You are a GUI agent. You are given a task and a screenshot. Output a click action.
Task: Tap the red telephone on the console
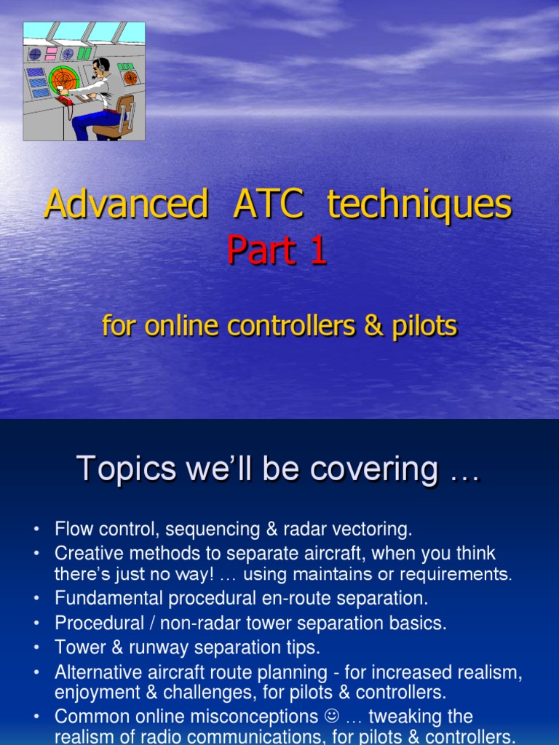[66, 100]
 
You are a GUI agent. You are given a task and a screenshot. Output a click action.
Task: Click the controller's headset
[98, 66]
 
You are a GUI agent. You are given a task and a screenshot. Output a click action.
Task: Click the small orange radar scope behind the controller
[130, 78]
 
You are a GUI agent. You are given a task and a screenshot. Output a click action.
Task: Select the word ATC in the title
[269, 205]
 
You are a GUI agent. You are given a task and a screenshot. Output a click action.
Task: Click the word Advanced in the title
[126, 205]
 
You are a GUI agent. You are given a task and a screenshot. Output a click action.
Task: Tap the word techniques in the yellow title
[419, 205]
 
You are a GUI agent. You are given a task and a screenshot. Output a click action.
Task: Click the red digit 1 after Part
[316, 251]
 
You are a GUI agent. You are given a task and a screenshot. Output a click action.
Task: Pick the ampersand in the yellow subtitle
[373, 326]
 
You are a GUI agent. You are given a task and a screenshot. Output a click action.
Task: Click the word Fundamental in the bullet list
[104, 599]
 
